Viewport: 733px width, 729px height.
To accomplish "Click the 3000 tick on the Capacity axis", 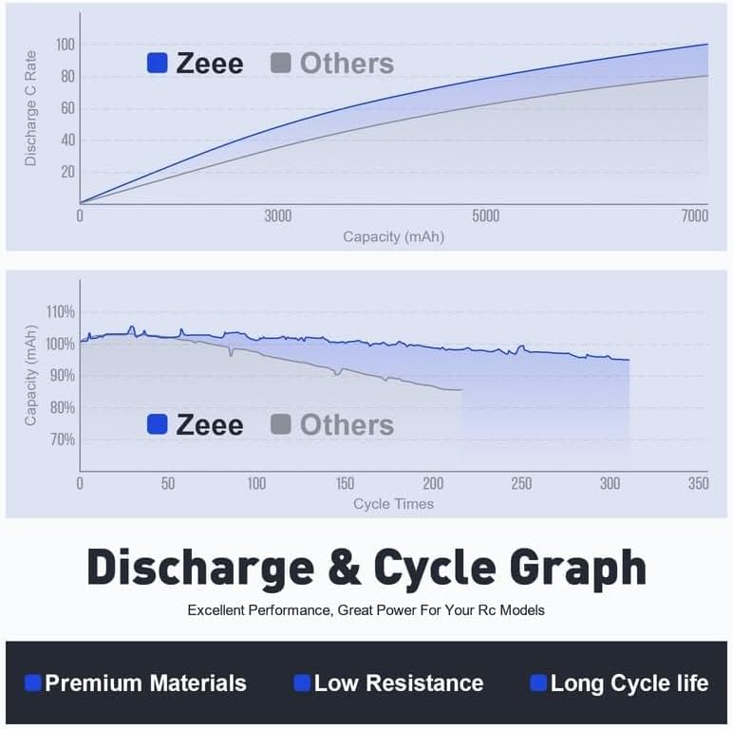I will [x=277, y=216].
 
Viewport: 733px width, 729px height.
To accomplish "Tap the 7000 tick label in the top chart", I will [x=694, y=216].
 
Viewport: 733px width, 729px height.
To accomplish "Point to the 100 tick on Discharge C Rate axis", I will [x=66, y=45].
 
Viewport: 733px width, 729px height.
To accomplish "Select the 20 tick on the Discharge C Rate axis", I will [x=67, y=172].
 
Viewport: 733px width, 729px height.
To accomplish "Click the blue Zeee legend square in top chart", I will [x=158, y=64].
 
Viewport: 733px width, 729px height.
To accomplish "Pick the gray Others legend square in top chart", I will [x=280, y=64].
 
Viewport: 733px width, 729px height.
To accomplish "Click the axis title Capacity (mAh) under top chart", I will [x=393, y=236].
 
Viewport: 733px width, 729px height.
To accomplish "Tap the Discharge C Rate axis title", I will [x=30, y=107].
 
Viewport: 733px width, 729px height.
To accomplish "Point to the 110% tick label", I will [x=60, y=312].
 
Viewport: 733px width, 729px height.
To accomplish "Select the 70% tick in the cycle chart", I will [x=62, y=439].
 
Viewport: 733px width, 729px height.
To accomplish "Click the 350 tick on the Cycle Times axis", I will [x=698, y=483].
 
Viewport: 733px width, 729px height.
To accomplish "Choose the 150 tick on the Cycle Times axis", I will [x=345, y=483].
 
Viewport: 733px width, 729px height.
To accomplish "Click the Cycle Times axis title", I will [x=393, y=503].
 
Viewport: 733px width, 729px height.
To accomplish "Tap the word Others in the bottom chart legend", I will [x=347, y=425].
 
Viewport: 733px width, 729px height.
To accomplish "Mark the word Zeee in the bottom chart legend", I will [x=209, y=425].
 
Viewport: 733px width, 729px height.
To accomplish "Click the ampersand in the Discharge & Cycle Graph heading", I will [x=344, y=568].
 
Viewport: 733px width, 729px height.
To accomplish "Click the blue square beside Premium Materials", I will [x=33, y=682].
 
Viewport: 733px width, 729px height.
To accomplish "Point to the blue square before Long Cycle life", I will [x=538, y=682].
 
